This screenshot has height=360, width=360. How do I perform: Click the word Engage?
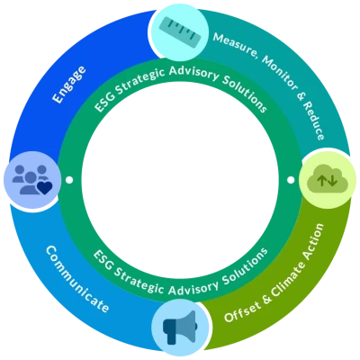coord(69,85)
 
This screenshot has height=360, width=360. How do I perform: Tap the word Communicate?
coord(76,279)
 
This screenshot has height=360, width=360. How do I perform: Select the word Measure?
coord(235,45)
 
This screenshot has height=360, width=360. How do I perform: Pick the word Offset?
coord(239,312)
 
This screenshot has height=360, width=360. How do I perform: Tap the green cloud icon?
coord(327,179)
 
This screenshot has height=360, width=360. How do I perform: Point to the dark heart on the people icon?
coord(44,188)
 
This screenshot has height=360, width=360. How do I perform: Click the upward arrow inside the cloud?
coord(321,180)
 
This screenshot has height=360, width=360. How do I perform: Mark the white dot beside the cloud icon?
coord(291,180)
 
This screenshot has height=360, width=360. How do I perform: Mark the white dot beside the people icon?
coord(69,180)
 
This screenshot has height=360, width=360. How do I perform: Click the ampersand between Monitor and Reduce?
coord(301,97)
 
